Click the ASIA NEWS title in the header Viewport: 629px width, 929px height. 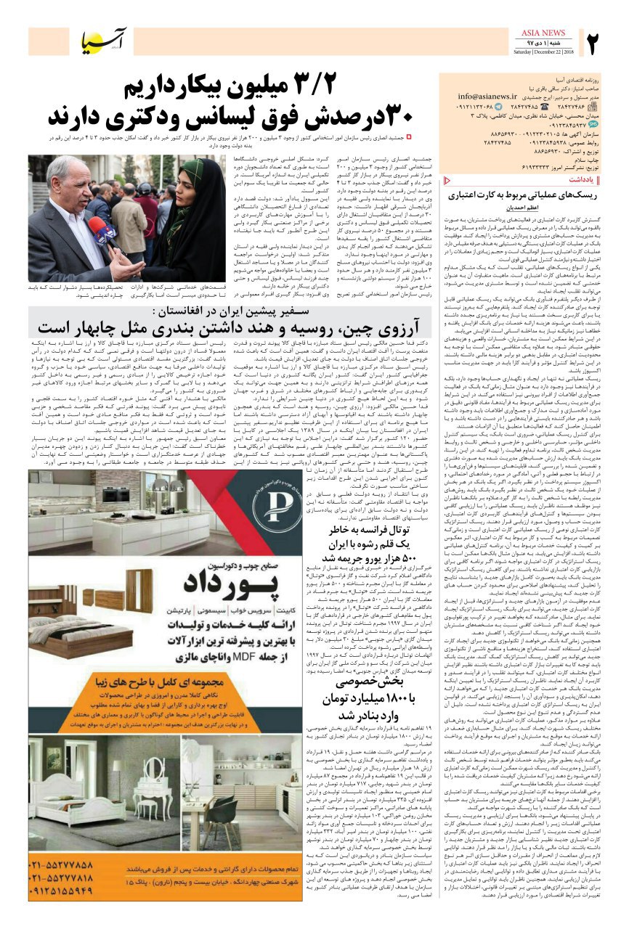coord(544,33)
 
